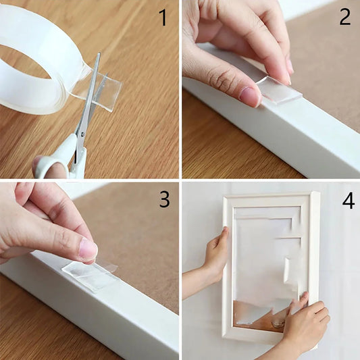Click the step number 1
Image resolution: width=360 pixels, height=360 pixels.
point(162,18)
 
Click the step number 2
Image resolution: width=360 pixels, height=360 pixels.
point(344,16)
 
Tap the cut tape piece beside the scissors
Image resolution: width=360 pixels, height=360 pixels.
point(107,91)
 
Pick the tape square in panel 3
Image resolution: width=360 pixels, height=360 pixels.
point(90,274)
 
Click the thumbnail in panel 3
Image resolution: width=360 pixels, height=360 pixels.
point(88,249)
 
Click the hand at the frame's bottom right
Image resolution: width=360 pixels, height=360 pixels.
point(305,324)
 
